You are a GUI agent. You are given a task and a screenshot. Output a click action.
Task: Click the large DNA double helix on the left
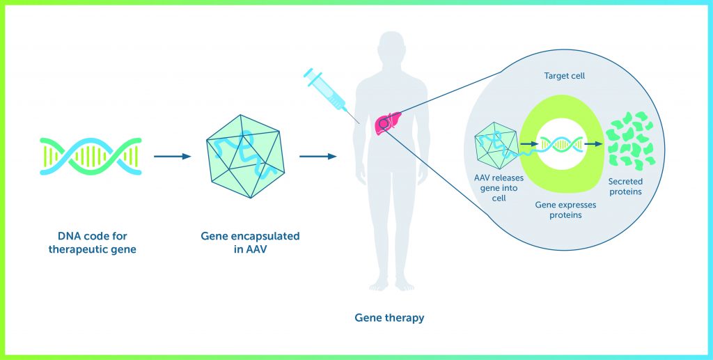point(91,157)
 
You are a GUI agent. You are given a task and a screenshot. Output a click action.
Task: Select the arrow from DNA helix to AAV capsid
point(173,157)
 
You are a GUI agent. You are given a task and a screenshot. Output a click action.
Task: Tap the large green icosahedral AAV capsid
point(246,156)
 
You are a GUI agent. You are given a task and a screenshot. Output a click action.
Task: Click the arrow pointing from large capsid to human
point(318,157)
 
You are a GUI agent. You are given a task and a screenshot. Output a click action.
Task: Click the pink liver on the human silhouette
point(388,123)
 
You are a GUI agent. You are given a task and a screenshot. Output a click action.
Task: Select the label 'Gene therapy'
point(389,318)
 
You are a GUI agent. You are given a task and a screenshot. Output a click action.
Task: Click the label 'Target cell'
point(564,76)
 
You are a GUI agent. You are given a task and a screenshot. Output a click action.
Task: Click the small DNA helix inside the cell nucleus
point(562,143)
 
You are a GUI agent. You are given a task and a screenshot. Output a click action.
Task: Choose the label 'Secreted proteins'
point(626,187)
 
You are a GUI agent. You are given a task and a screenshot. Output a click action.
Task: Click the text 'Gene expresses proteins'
point(565,210)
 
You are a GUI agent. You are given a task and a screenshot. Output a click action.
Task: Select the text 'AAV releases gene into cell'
point(499,188)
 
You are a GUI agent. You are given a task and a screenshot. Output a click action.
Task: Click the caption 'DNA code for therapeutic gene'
point(93,243)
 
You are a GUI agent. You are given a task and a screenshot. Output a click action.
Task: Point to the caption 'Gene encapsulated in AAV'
point(250,243)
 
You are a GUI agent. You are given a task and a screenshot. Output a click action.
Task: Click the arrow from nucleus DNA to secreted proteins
point(593,143)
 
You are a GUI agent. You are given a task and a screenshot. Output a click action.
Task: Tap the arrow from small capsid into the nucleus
point(528,143)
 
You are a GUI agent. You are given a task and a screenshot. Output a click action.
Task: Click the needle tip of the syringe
point(360,124)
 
